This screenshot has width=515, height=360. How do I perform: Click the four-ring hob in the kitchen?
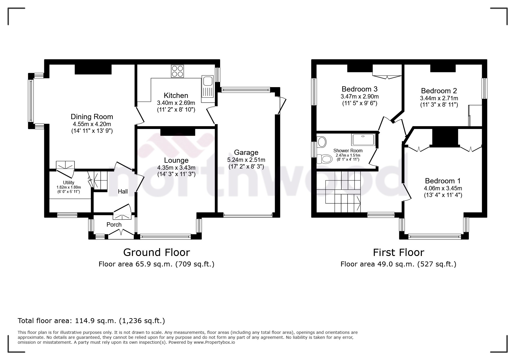click(177, 71)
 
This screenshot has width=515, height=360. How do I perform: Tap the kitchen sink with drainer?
click(208, 86)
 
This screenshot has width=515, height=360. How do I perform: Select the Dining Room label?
click(92, 117)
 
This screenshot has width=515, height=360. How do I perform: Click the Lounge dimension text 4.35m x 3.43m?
click(176, 168)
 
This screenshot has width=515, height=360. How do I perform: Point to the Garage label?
click(246, 152)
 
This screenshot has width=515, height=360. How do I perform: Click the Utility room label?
click(69, 183)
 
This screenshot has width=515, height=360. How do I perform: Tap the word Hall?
click(123, 191)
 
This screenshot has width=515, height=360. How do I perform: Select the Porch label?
click(114, 225)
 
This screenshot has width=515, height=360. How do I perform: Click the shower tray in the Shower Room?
click(363, 140)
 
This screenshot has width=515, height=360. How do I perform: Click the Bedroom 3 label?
click(359, 89)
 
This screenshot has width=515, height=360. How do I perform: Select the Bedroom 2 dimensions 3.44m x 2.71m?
click(439, 98)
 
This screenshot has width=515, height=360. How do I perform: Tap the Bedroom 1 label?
click(443, 181)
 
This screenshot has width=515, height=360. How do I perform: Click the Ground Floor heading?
click(156, 252)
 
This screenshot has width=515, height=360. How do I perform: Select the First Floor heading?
click(398, 252)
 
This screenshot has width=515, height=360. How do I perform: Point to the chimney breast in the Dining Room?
click(93, 69)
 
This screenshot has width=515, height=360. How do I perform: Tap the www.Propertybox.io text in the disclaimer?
click(214, 342)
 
